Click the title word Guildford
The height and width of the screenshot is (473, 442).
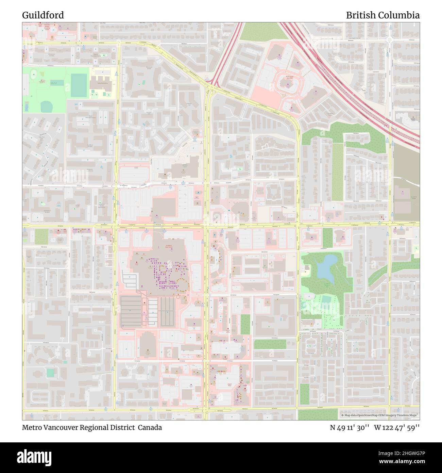tap(43, 15)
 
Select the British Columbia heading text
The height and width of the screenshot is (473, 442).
tap(382, 15)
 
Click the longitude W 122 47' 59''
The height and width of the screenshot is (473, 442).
tap(397, 428)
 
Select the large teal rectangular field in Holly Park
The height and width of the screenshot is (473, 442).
tap(79, 85)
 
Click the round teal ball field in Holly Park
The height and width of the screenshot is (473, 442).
tap(46, 107)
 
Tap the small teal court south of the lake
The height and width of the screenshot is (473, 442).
tap(326, 299)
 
